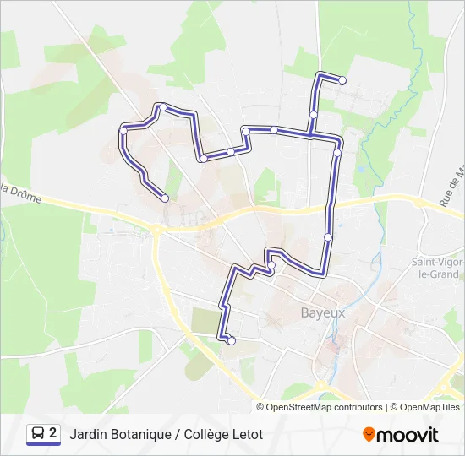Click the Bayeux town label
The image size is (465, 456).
coord(323,312)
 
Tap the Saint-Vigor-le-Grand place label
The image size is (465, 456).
coord(436,268)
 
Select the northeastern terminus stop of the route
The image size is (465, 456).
coord(342,81)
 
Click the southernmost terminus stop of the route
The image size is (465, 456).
coord(230,341)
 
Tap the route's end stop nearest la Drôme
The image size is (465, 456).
coord(164,198)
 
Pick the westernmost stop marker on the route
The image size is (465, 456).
coord(123,131)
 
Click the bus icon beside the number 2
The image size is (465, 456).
coord(38,434)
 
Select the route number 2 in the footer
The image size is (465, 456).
coord(53,434)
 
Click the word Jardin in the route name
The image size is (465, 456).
coord(90,434)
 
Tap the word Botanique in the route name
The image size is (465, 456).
coord(147,434)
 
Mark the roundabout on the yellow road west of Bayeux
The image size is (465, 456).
coord(157,229)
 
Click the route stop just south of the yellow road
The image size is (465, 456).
coord(328,237)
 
